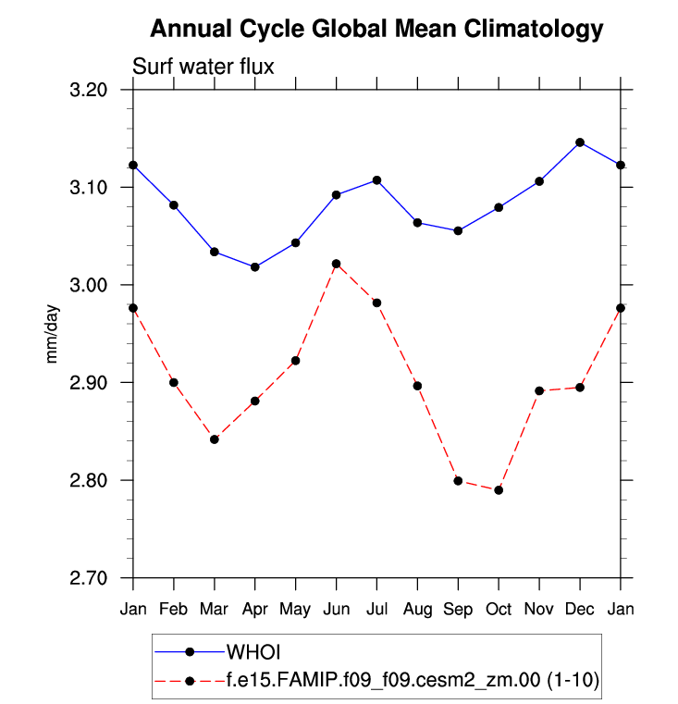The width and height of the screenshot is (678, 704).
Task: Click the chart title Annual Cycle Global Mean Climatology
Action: click(376, 29)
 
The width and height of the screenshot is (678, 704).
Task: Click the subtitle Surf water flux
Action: click(203, 67)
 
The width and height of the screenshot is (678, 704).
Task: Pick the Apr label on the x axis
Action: click(255, 609)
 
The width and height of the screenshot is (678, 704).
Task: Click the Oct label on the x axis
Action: click(499, 609)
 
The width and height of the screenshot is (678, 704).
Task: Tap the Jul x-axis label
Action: click(376, 609)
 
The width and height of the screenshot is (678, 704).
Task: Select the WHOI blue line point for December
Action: click(580, 142)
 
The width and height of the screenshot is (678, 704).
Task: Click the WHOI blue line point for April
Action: click(255, 267)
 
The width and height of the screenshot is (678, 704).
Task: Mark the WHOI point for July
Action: click(376, 180)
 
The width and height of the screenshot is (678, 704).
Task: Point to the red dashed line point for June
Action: click(336, 264)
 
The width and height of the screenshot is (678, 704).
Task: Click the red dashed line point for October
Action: click(499, 490)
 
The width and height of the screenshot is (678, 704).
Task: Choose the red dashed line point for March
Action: click(215, 439)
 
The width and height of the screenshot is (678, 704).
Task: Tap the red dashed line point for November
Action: click(539, 390)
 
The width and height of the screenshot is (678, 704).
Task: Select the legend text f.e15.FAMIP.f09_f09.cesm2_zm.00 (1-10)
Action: click(412, 681)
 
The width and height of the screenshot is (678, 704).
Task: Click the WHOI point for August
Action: click(417, 223)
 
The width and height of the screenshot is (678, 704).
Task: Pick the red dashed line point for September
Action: click(458, 481)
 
